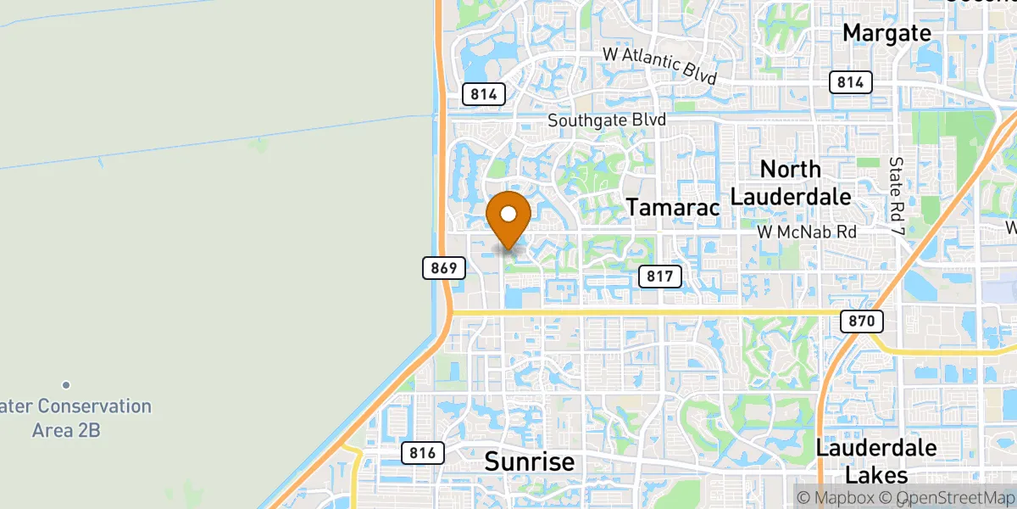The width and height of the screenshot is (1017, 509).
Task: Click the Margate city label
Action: (886, 33)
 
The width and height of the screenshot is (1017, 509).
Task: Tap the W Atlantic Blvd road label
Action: (659, 65)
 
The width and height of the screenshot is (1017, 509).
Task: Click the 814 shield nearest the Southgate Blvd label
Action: (484, 94)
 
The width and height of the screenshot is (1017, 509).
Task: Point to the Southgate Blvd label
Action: (606, 120)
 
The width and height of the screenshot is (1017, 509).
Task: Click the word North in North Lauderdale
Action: (791, 168)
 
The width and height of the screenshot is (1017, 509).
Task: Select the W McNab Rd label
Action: (806, 232)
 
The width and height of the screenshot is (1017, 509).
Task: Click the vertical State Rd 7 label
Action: (896, 194)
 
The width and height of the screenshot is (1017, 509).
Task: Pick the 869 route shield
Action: (443, 269)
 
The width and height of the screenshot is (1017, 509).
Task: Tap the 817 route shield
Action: (659, 276)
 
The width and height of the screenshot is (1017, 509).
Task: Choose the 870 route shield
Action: (863, 322)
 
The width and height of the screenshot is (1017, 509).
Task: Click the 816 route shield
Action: (421, 453)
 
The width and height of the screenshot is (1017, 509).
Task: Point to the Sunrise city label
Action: (529, 462)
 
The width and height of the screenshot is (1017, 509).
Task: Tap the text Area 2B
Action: (66, 430)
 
